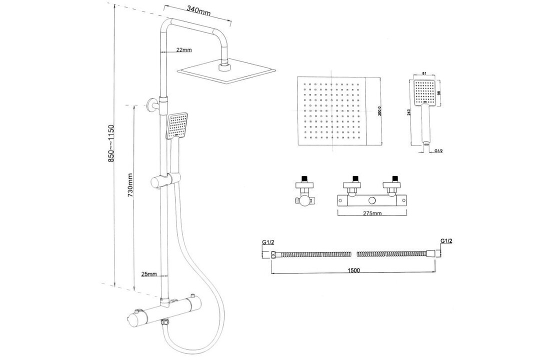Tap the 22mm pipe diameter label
point(184,50)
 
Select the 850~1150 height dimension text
point(111,143)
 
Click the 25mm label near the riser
point(148,274)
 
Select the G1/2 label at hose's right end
point(446,241)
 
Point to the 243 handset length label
point(410,112)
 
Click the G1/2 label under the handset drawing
point(439,150)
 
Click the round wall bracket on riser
point(152,105)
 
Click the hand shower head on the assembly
point(176,126)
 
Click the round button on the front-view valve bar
point(372,200)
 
